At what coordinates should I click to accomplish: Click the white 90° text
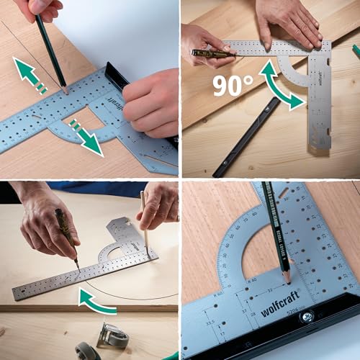tap(232, 85)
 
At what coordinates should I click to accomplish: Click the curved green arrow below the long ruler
tap(97, 302)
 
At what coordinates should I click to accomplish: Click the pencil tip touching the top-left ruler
tap(66, 91)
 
